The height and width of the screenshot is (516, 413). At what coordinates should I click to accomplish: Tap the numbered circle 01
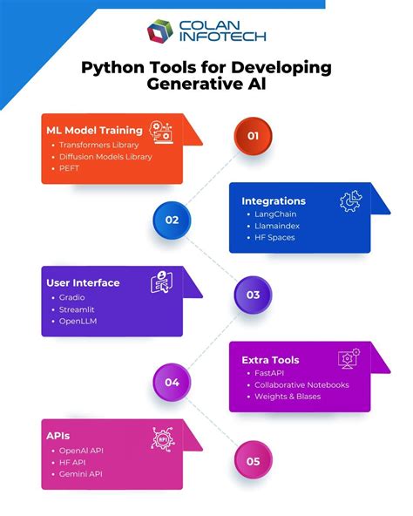[x=253, y=135]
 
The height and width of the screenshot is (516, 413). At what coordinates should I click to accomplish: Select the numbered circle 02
[x=172, y=220]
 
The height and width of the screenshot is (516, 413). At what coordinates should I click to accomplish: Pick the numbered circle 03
[x=253, y=295]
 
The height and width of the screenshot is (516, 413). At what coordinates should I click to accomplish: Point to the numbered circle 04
[x=172, y=382]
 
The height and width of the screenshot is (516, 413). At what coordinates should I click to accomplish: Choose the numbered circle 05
[x=253, y=462]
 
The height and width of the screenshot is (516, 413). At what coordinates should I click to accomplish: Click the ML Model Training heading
[x=93, y=129]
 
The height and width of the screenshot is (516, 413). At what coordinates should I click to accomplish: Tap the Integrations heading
[x=274, y=201]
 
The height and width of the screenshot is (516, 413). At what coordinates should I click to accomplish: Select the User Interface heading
[x=83, y=282]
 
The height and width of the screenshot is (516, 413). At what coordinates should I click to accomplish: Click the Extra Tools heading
[x=270, y=360]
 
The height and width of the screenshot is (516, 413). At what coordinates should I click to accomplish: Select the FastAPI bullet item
[x=271, y=372]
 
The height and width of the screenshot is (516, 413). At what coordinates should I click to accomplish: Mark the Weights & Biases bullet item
[x=288, y=397]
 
